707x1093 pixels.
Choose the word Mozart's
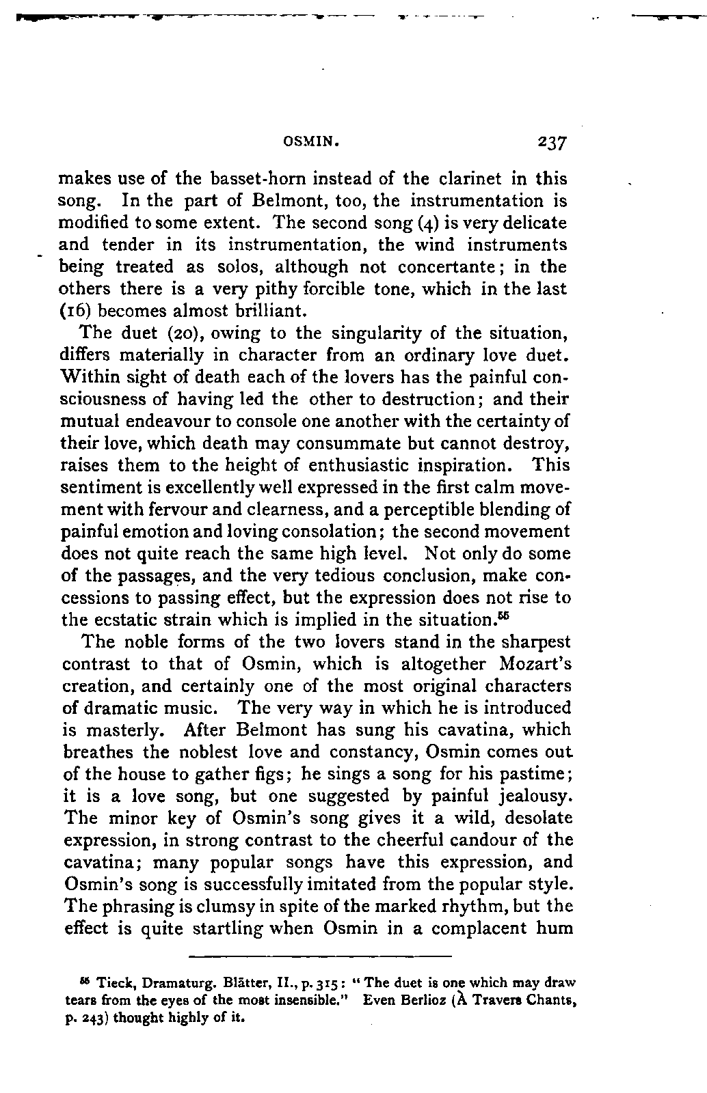[x=533, y=664]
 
